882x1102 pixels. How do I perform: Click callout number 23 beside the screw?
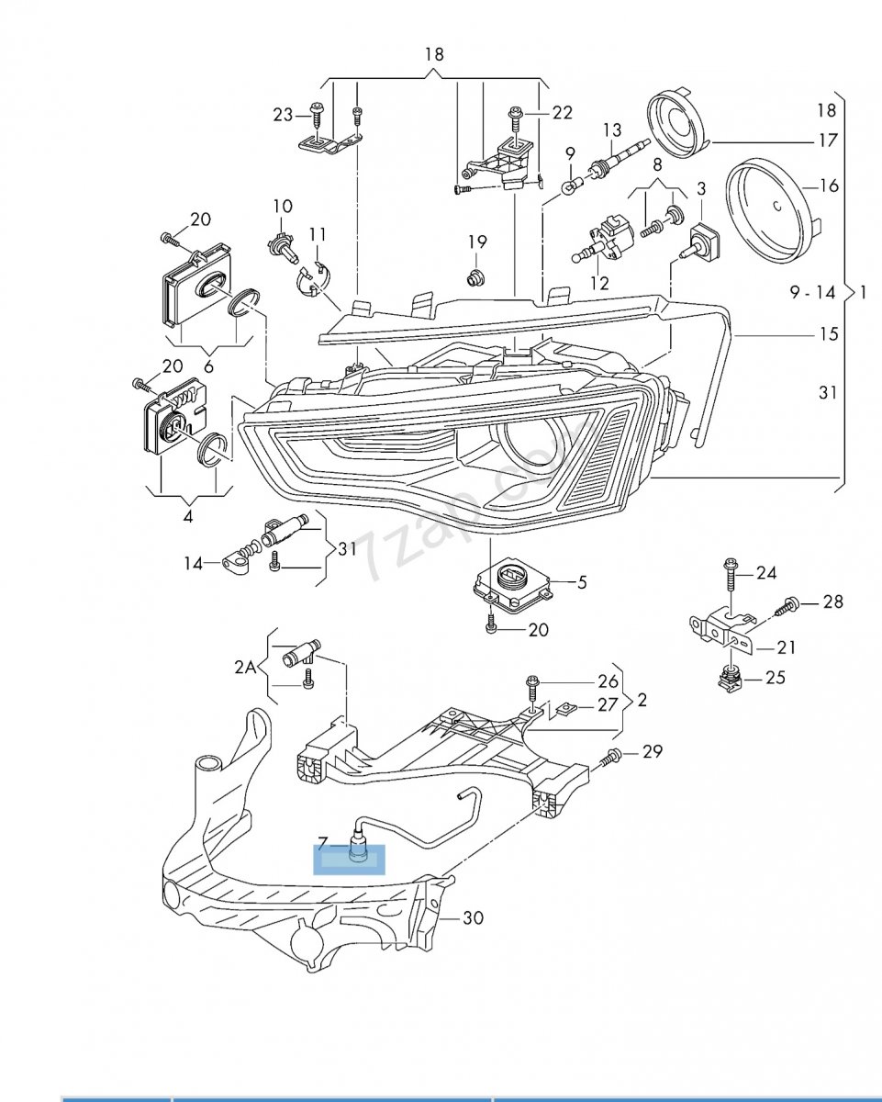tap(283, 115)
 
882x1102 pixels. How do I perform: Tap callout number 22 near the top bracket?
tap(562, 113)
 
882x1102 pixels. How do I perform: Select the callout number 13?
tap(612, 130)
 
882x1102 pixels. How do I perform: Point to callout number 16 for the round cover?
tap(830, 186)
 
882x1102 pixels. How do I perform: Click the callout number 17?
tap(828, 140)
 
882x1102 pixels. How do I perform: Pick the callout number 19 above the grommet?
tap(477, 242)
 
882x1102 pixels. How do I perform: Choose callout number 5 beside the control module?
tap(582, 582)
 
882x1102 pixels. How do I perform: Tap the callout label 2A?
tap(245, 668)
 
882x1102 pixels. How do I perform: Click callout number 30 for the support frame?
tap(473, 917)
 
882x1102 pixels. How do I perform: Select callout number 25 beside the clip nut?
tap(775, 678)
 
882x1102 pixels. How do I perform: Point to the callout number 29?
tap(653, 751)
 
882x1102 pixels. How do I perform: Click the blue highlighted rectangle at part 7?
tap(349, 860)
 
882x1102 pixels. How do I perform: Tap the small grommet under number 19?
tap(475, 277)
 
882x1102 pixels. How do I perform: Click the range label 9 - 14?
tap(812, 293)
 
